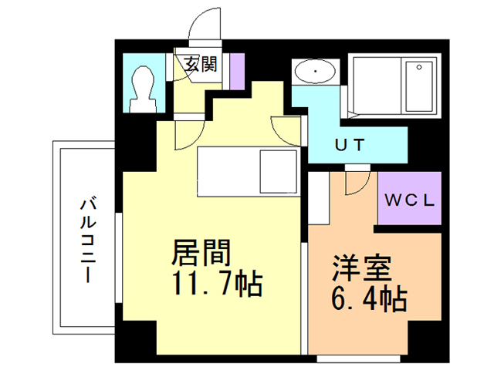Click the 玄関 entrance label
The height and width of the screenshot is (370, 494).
pos(199,64)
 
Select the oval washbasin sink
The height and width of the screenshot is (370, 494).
pos(314,72)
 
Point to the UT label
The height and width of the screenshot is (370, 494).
pos(349,143)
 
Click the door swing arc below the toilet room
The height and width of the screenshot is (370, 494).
pos(184,135)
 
